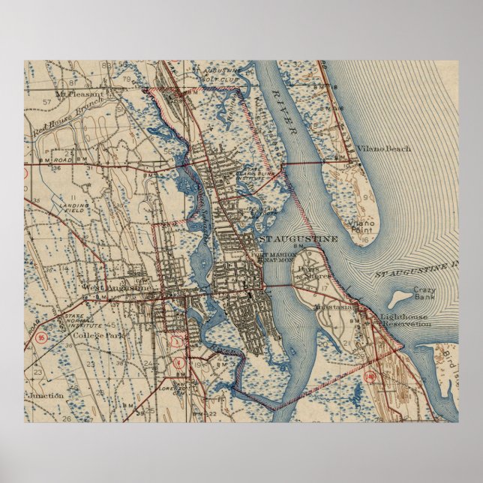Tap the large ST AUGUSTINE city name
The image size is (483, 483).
(x=298, y=238)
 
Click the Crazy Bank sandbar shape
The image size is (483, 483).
(x=401, y=295)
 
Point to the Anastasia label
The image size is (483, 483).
(x=336, y=307)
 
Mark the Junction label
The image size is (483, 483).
(x=46, y=394)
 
